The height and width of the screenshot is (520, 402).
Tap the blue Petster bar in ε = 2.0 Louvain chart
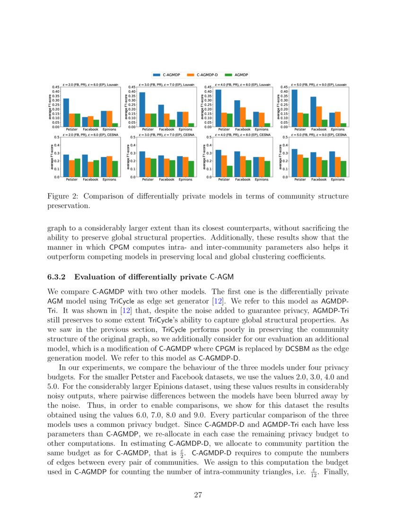66,113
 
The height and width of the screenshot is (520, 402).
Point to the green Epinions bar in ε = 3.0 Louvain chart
191,125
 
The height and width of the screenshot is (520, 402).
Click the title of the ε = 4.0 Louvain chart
243,85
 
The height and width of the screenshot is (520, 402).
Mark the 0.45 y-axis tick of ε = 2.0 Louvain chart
55,87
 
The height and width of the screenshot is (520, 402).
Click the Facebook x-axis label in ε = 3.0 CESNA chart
166,180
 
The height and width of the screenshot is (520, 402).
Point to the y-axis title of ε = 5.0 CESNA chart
280,157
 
